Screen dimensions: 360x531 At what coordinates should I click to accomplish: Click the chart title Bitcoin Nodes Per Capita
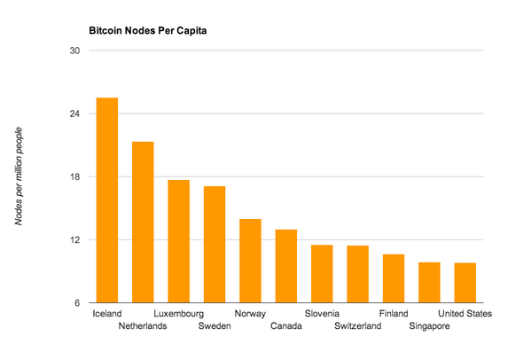tap(147, 30)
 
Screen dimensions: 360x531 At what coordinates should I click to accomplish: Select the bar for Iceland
tap(107, 200)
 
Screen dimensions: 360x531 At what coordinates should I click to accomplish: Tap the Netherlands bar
tap(143, 222)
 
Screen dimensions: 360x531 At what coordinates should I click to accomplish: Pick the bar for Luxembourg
tap(179, 241)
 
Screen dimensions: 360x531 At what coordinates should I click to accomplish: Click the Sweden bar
tap(215, 244)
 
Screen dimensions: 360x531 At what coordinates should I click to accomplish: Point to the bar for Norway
tap(251, 261)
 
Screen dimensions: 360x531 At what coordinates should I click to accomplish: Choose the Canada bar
tap(286, 266)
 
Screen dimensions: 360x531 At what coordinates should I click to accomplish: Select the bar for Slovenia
tap(322, 273)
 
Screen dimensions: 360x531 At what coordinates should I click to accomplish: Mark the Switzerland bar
tap(358, 274)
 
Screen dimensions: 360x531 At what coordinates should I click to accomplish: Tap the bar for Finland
tap(394, 278)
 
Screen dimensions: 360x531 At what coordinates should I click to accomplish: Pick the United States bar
tap(465, 283)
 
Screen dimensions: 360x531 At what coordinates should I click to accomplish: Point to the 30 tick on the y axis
tap(75, 51)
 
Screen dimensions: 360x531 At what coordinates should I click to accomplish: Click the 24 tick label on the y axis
tap(75, 114)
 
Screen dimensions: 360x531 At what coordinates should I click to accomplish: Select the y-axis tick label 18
tap(75, 177)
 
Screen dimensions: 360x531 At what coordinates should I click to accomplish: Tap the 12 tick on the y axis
tap(75, 240)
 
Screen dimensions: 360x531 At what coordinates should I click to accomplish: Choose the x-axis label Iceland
tap(107, 314)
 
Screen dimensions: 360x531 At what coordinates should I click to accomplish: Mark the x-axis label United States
tap(465, 314)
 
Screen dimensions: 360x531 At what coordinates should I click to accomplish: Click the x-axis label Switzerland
tap(358, 326)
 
